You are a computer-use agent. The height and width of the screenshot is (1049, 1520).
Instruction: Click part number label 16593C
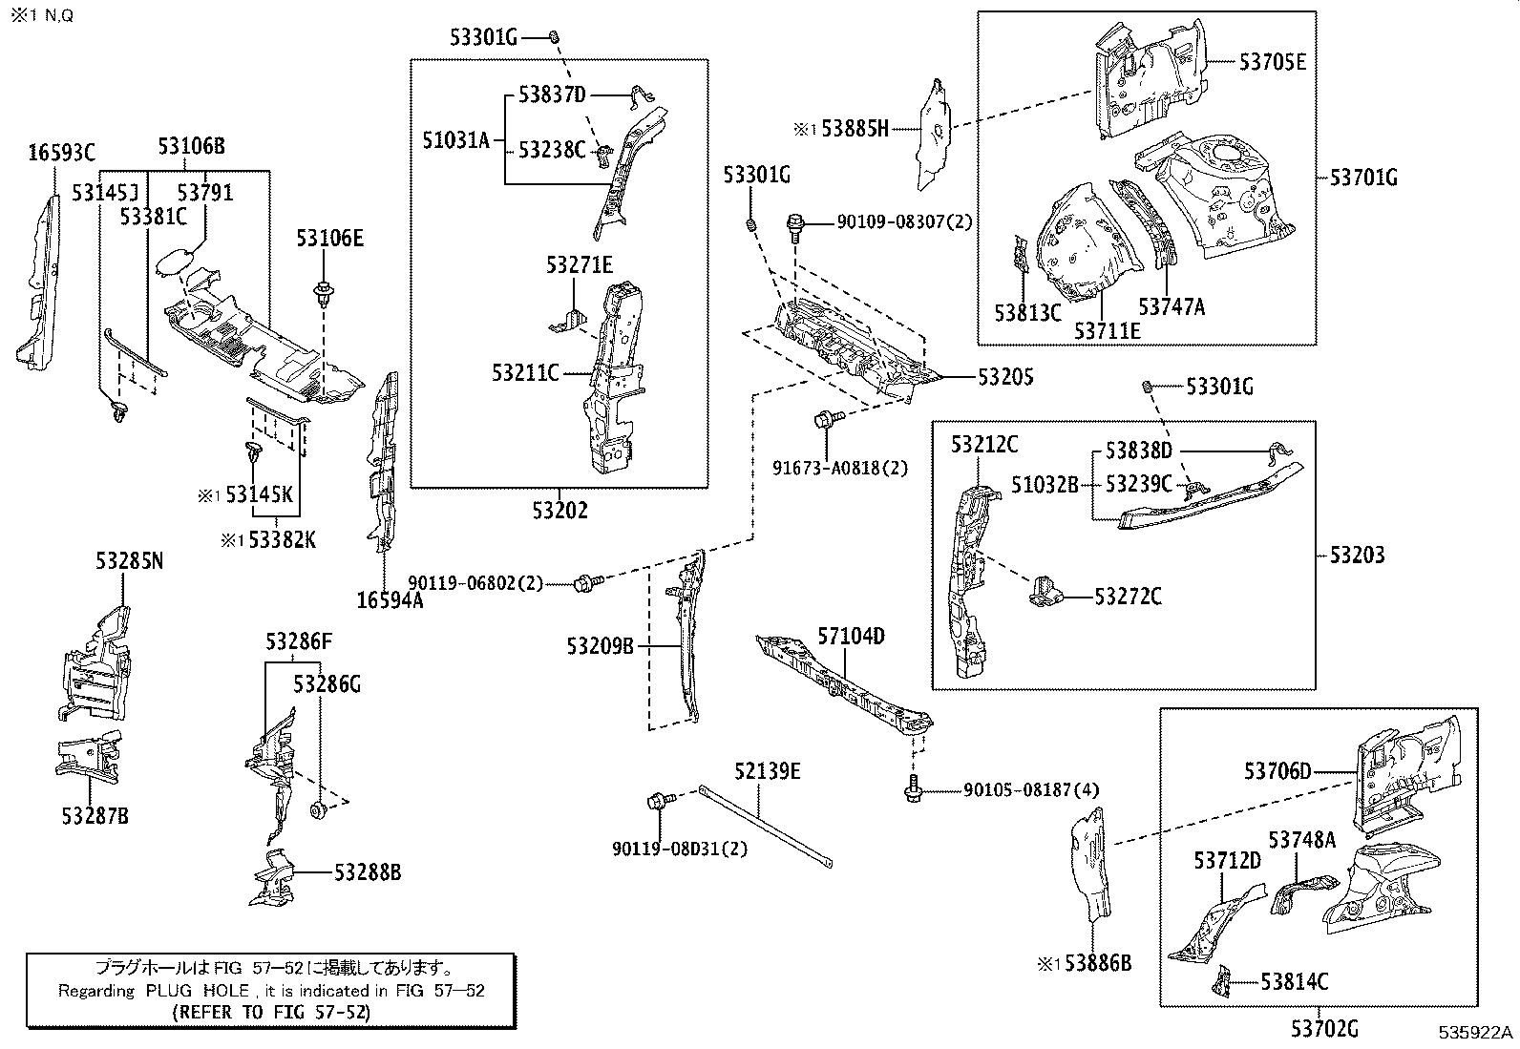[61, 152]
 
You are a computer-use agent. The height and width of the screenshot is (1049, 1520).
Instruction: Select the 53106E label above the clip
[329, 239]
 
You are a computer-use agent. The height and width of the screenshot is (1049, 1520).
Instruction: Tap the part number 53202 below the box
[560, 511]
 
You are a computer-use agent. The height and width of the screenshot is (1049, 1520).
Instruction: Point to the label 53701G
[1363, 177]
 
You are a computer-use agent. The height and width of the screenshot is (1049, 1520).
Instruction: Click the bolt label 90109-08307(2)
[903, 221]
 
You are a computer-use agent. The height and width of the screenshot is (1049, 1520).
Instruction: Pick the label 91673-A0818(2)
[840, 468]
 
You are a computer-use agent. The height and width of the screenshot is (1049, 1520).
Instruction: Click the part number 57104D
[851, 636]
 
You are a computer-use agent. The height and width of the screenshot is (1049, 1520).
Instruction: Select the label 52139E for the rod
[768, 771]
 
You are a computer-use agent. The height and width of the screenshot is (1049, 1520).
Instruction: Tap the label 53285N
[129, 561]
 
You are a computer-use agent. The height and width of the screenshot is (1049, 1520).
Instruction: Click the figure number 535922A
[1477, 1033]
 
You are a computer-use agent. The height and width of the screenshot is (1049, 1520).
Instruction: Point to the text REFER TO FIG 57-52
[271, 1011]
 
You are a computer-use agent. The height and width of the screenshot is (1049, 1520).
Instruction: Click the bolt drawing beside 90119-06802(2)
[585, 582]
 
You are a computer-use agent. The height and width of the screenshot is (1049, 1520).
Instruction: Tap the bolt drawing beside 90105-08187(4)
[914, 789]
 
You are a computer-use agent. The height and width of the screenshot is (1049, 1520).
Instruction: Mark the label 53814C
[1294, 981]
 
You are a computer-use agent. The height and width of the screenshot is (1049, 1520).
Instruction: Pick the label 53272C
[1128, 597]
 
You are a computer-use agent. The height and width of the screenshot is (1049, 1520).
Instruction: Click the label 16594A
[390, 599]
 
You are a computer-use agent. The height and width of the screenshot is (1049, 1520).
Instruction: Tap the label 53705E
[1272, 62]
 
